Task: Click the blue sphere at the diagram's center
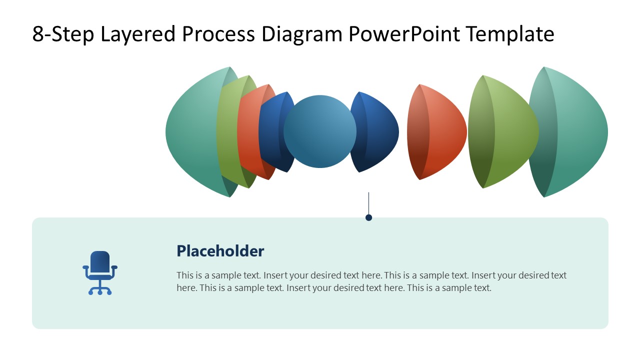click(x=320, y=131)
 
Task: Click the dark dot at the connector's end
click(x=368, y=217)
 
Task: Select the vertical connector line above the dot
click(x=368, y=202)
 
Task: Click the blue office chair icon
click(x=100, y=272)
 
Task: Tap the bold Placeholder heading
click(x=220, y=251)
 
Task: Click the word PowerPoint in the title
click(x=404, y=34)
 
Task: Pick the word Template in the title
click(x=509, y=34)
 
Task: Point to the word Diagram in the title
click(x=301, y=34)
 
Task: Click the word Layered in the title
click(x=138, y=34)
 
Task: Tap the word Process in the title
click(x=219, y=34)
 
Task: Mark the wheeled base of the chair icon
click(x=100, y=290)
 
